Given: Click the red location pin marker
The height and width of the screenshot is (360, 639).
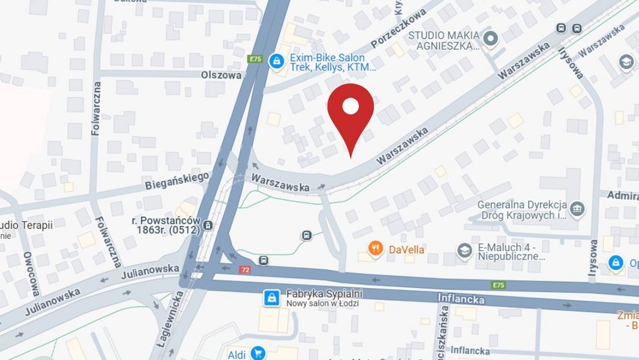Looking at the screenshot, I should pos(350,111).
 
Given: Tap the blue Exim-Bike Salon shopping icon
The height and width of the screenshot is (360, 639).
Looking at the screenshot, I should pos(276,61).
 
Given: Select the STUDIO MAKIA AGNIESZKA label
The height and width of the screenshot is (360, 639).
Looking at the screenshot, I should pos(444,40).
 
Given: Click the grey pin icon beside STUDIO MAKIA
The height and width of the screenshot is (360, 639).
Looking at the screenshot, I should pos(490,39).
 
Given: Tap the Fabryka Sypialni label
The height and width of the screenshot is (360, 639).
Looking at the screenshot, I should pos(325,293).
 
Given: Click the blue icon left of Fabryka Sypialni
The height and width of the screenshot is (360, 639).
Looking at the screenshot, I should pos(271,297).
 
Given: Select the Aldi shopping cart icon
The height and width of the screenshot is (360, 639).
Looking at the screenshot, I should pos(257,353).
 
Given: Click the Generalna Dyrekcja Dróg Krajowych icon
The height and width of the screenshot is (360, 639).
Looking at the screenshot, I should pos(578,209).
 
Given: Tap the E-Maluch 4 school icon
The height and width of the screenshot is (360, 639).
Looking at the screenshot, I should pos(464,250).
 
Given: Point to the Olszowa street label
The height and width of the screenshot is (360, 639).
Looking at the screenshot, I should pos(221,75).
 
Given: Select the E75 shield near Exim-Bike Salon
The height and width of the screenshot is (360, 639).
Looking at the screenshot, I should pos(255,59).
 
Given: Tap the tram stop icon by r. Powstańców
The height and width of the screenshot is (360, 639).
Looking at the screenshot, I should pos(209,225).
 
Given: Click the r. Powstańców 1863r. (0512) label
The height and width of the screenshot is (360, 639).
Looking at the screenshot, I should pos(165,225).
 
